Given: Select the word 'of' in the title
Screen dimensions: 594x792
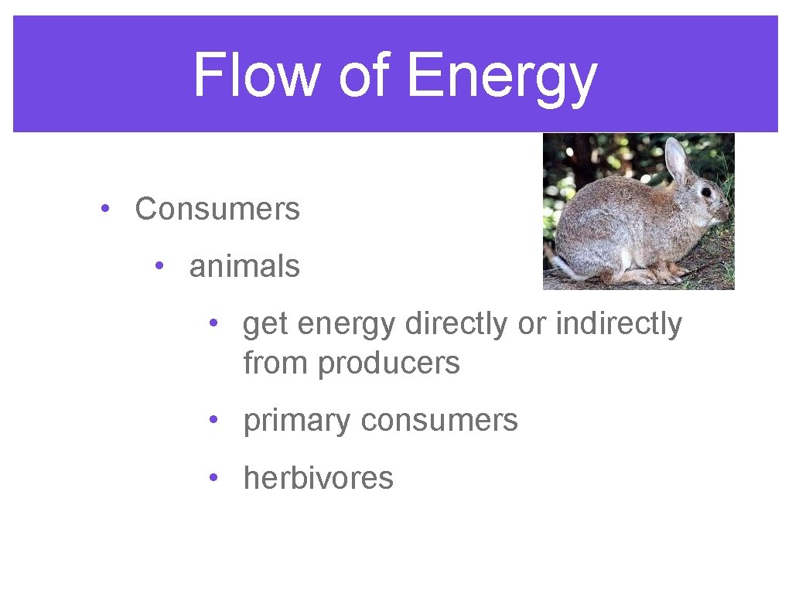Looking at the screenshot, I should (x=363, y=76).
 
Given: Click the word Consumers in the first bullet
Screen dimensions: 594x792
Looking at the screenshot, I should (x=217, y=209).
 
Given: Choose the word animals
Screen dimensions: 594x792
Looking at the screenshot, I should (x=244, y=267).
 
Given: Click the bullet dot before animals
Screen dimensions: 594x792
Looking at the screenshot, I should (x=158, y=267).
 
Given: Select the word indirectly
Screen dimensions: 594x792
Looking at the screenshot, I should (x=618, y=325).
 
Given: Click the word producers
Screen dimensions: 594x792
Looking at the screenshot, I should (x=389, y=363).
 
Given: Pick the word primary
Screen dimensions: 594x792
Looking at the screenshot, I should (x=296, y=421).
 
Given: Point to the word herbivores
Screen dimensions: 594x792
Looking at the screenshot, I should (x=318, y=478).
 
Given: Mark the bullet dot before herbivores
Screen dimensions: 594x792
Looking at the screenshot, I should (x=212, y=478).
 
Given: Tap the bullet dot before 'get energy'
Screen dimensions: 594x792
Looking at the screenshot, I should (x=212, y=325).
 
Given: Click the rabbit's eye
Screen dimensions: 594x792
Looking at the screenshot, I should (x=706, y=192).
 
